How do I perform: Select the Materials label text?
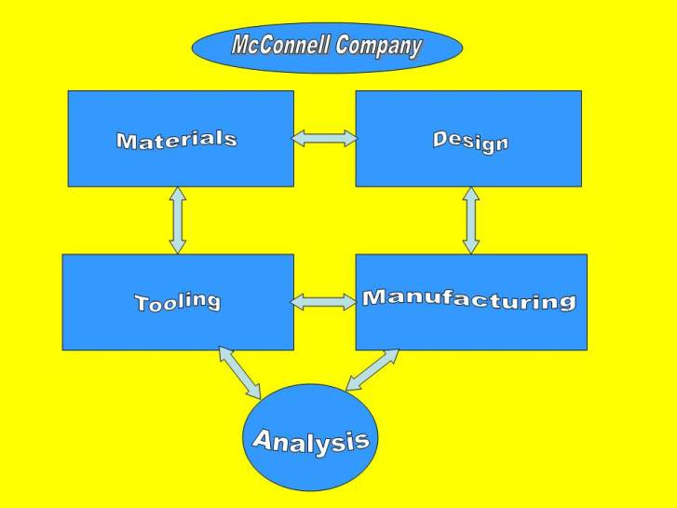[176, 140]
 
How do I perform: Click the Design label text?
[470, 141]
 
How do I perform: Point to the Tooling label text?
[177, 301]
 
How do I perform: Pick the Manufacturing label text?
[468, 299]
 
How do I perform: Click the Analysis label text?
[310, 440]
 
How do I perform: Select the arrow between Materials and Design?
[324, 139]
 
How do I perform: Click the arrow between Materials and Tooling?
[177, 220]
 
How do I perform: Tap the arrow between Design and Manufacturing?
[471, 220]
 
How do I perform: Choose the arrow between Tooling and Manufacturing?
[324, 302]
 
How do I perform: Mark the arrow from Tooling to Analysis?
[240, 371]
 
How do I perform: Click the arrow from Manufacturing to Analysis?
[372, 370]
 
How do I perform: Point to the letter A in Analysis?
[264, 441]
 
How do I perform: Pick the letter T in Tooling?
[143, 304]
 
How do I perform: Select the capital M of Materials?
[127, 142]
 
